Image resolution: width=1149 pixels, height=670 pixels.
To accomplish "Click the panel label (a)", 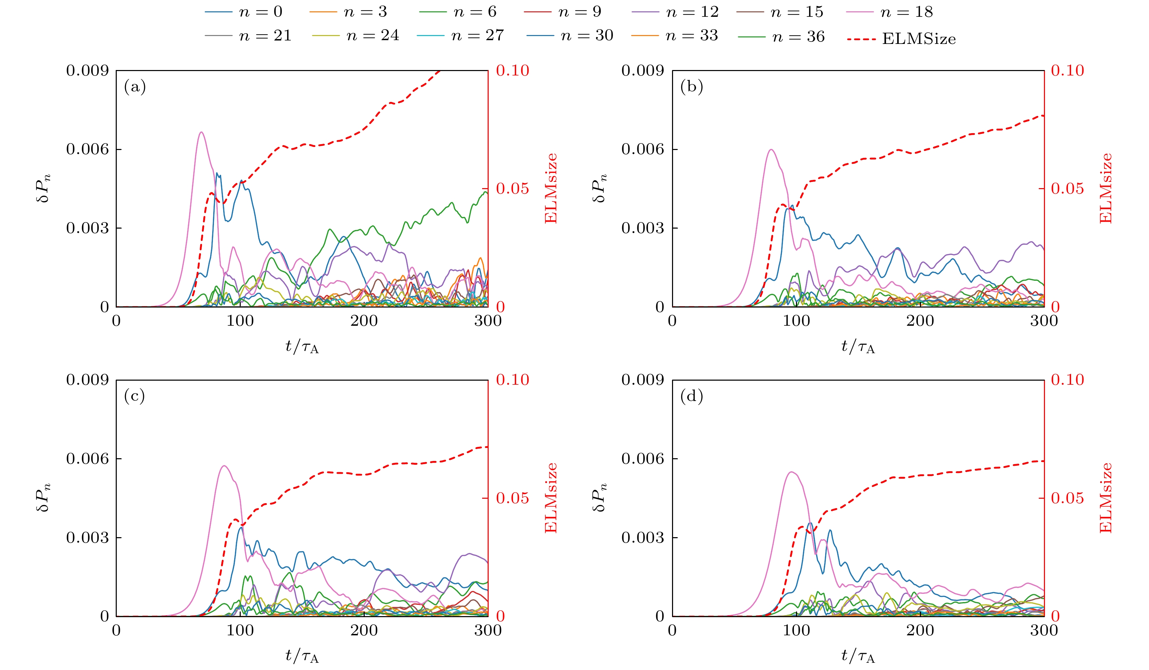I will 135,86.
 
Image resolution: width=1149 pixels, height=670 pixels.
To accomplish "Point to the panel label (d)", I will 691,396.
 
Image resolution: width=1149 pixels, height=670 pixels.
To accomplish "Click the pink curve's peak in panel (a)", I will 201,132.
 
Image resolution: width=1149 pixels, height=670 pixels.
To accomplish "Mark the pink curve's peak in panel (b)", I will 771,150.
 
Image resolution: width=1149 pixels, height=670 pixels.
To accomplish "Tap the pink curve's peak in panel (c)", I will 224,466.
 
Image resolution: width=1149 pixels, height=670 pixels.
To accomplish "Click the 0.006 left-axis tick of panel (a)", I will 88,149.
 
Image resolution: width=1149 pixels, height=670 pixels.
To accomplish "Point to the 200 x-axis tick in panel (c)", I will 364,630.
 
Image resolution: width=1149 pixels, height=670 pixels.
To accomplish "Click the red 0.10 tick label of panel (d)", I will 1067,380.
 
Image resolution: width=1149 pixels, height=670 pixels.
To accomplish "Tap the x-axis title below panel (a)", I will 302,347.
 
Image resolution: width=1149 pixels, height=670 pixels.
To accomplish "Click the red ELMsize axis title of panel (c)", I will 551,498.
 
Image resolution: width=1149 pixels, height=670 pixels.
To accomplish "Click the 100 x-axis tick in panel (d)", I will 796,630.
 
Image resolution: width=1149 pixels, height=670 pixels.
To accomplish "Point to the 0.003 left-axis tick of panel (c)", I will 88,538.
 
